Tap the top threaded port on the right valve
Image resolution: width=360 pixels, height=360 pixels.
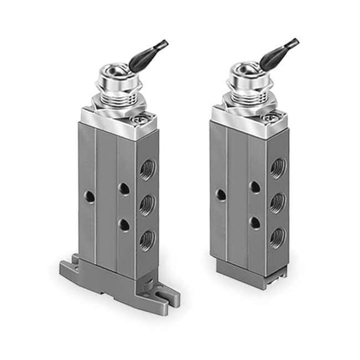[x=277, y=167]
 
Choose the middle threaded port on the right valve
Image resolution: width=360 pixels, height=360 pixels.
[x=277, y=202]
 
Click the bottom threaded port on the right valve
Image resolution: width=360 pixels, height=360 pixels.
[x=277, y=236]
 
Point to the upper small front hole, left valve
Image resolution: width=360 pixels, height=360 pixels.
[x=124, y=188]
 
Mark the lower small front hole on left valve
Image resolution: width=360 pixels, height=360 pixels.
[x=124, y=223]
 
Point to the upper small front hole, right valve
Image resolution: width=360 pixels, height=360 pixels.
[x=254, y=186]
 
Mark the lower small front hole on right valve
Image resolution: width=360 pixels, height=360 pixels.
[x=254, y=221]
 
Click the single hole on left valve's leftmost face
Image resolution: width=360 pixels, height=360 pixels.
[x=90, y=196]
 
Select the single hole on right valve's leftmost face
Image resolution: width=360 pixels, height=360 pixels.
[x=221, y=194]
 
